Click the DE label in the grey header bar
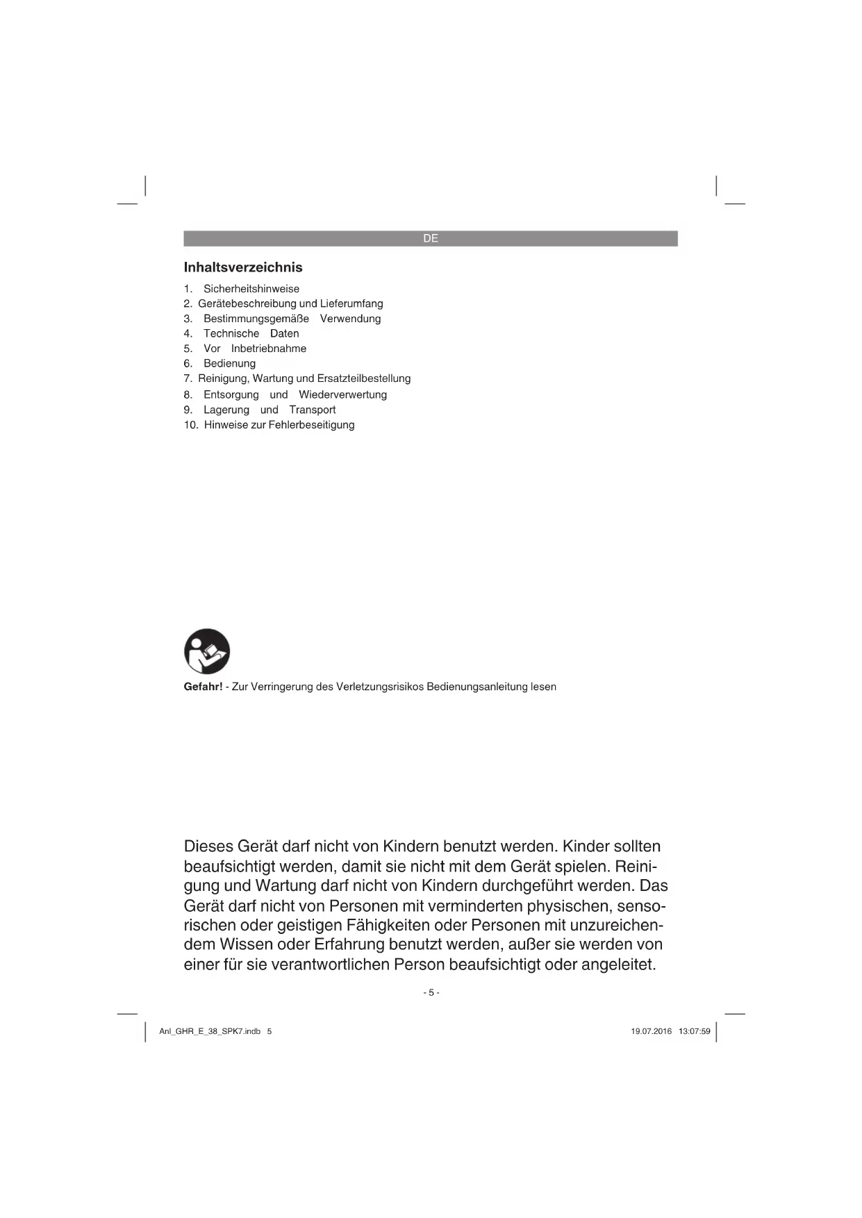coord(431,238)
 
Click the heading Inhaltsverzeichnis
coord(243,267)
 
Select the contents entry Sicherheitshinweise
coord(251,289)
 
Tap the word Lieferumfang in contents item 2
coord(351,303)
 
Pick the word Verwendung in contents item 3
coord(350,319)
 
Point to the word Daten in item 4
coord(285,333)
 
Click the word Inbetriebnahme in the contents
coord(269,349)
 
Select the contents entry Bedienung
coord(230,363)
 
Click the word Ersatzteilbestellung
coord(364,378)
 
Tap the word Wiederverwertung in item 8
coord(342,394)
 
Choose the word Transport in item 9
coord(313,410)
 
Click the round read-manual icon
coord(207,651)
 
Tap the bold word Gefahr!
coord(203,687)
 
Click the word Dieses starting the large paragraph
coord(208,846)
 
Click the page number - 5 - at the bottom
coord(431,992)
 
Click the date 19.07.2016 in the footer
coord(652,1031)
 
